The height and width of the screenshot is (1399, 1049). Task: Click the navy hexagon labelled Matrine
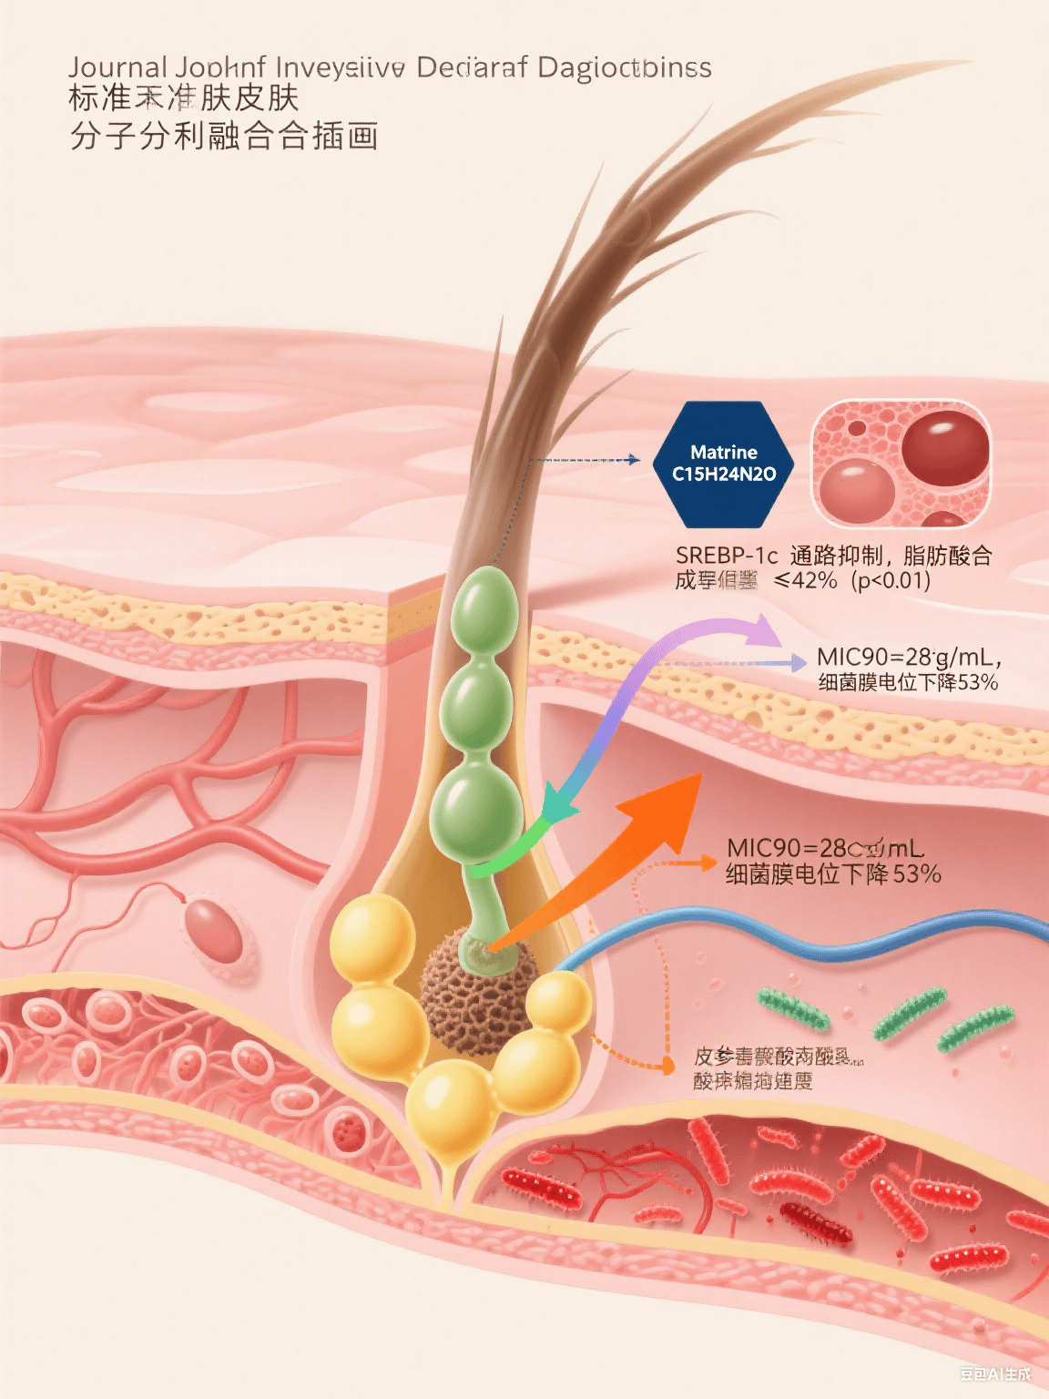(724, 465)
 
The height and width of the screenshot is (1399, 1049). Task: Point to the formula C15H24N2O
(724, 475)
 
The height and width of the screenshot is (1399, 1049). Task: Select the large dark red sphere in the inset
(944, 447)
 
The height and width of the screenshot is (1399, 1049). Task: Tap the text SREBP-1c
(727, 556)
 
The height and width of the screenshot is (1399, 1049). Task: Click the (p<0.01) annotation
(891, 580)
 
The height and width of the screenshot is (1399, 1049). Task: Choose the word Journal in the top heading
(117, 67)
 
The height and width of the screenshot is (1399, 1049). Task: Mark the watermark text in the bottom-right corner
(995, 1373)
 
